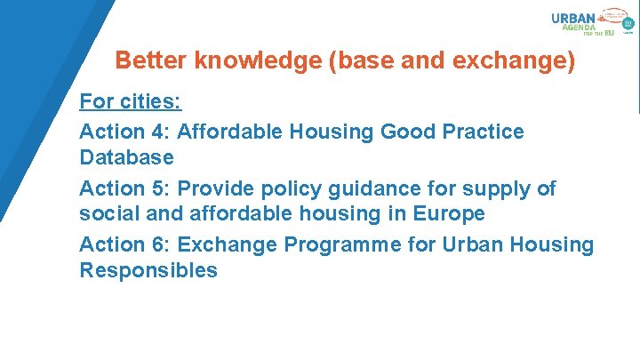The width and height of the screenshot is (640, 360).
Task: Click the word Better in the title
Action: [151, 61]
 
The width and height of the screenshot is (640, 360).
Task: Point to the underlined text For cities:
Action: [132, 102]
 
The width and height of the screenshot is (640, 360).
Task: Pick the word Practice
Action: [484, 132]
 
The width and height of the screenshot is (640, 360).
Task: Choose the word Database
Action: [126, 157]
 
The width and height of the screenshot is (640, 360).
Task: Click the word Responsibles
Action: [148, 270]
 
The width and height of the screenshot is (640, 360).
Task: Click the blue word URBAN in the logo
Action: [573, 17]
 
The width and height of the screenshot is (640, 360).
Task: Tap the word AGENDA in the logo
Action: [580, 28]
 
